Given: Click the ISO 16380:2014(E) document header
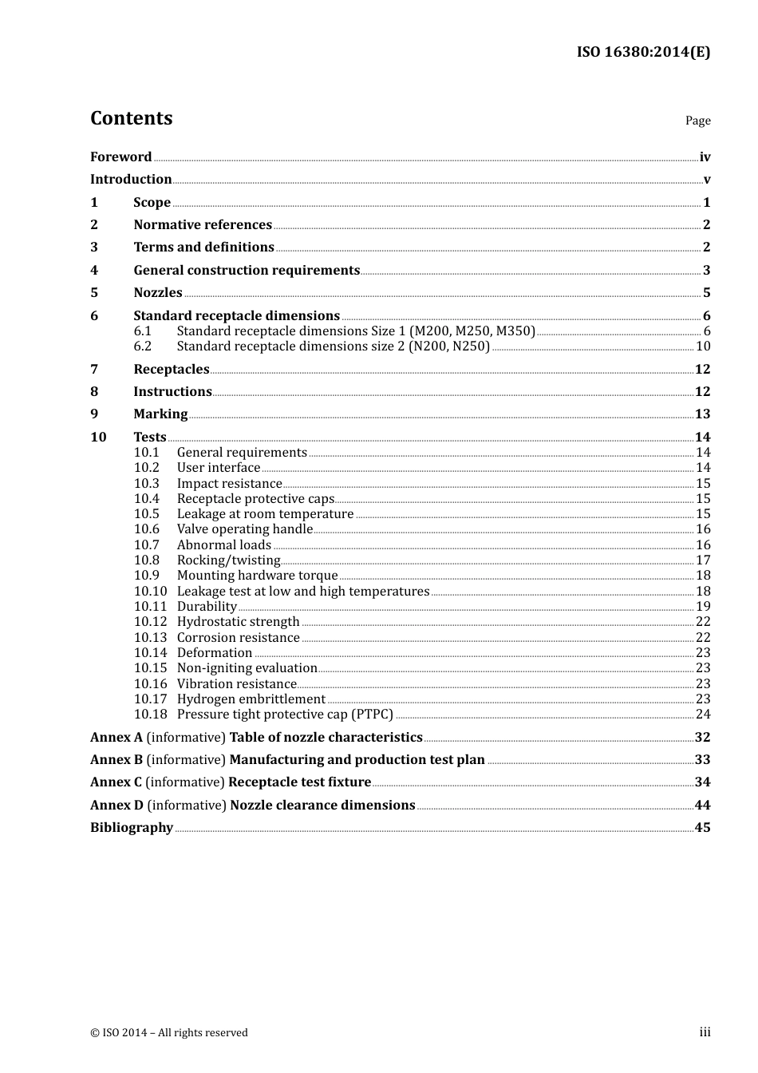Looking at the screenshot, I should [x=643, y=52].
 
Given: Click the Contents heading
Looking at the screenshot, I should [x=131, y=118].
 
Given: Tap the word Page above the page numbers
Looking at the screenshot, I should [x=697, y=121].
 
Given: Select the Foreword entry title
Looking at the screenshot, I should [x=120, y=157].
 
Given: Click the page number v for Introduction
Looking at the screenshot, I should [x=706, y=180].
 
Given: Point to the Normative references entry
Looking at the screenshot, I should [x=203, y=225].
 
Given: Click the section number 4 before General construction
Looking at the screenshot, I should [x=94, y=271].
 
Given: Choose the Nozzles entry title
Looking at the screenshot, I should [x=158, y=293].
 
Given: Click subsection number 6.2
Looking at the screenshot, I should [x=143, y=346].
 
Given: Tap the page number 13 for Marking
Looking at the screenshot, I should [x=702, y=414].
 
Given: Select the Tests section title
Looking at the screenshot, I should [x=150, y=437].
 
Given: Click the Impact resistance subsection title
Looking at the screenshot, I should [x=230, y=484].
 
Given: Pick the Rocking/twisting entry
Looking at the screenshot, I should [x=229, y=560].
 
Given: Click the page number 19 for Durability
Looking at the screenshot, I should [x=703, y=607].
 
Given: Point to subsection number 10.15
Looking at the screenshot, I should [x=151, y=668].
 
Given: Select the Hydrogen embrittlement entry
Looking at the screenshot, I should [x=251, y=699].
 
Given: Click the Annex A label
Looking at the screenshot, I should [x=116, y=738].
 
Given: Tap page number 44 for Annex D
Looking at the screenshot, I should [x=702, y=806].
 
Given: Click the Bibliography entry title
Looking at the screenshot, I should [x=132, y=828].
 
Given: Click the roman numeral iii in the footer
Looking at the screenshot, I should [x=705, y=1032].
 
